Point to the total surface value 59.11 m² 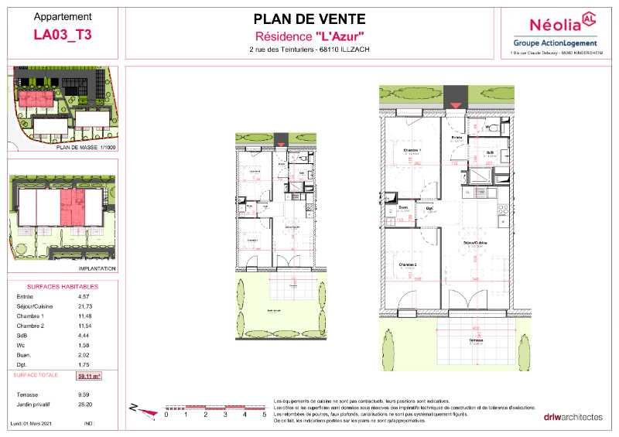(x=91, y=377)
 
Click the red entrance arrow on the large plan (x=457, y=104)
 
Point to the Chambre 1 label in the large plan (x=412, y=150)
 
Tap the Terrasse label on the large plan (x=464, y=339)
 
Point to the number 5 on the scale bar (x=264, y=415)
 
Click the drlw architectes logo (x=572, y=418)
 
